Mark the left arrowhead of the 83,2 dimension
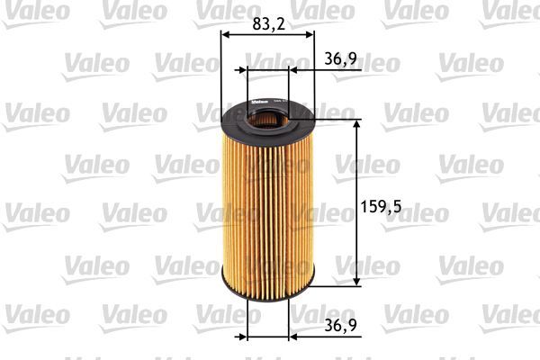pos(225,35)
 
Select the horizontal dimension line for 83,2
pos(267,35)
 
